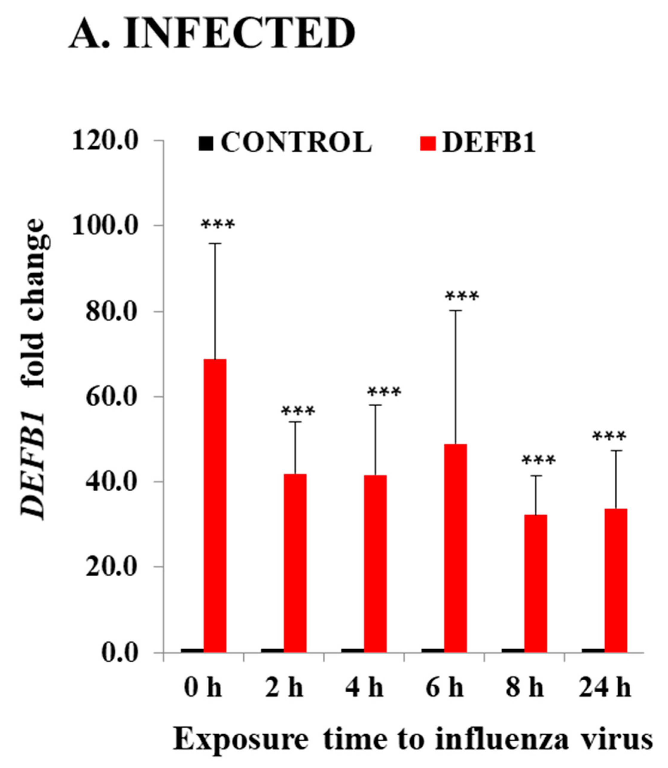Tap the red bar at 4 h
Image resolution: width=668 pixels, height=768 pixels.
pyautogui.click(x=375, y=564)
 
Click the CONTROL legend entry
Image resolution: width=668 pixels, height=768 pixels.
pyautogui.click(x=285, y=143)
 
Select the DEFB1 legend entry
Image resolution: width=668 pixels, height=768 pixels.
pyautogui.click(x=478, y=143)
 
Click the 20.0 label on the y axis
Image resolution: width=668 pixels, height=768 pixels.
pyautogui.click(x=112, y=567)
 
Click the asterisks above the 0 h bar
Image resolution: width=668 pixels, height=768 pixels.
pyautogui.click(x=218, y=225)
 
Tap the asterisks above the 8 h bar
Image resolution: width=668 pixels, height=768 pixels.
pyautogui.click(x=538, y=460)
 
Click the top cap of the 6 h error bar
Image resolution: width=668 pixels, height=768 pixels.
pyautogui.click(x=455, y=310)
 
